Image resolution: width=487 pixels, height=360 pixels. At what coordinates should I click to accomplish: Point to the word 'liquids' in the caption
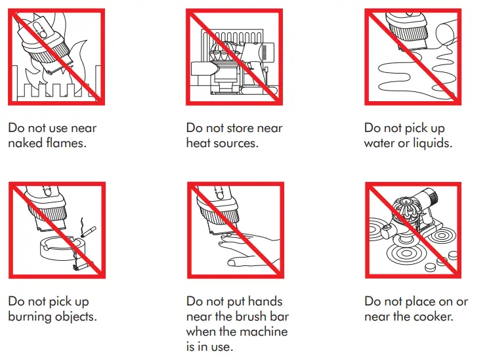(431, 143)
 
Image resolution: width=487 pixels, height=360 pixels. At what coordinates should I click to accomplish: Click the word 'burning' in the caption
(32, 317)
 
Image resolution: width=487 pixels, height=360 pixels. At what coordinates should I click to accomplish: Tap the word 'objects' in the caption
(79, 317)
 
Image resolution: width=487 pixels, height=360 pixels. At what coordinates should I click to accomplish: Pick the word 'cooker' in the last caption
(431, 317)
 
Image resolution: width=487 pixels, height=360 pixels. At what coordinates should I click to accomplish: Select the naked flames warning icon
(56, 57)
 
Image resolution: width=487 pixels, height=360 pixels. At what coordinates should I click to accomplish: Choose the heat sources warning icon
(234, 57)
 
